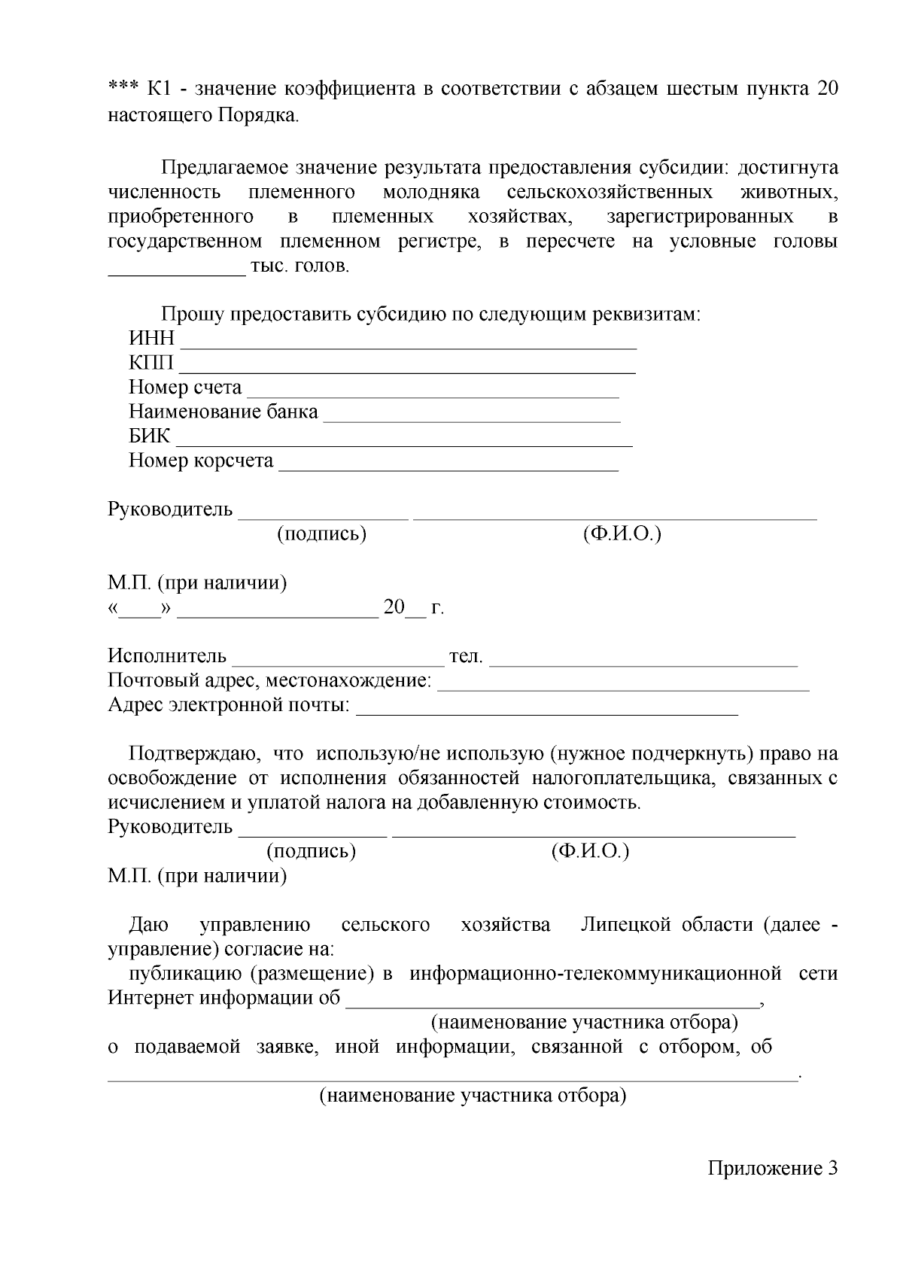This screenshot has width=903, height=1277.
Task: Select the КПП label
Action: click(x=151, y=363)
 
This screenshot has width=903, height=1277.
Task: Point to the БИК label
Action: click(x=149, y=436)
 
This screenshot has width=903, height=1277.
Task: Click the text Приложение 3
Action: click(x=772, y=1169)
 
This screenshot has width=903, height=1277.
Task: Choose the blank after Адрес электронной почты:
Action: click(x=547, y=711)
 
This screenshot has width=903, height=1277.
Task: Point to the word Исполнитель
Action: click(x=167, y=656)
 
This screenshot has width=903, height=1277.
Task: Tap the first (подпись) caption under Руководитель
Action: click(x=322, y=534)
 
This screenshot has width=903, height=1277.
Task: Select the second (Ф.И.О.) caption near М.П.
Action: click(x=590, y=851)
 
